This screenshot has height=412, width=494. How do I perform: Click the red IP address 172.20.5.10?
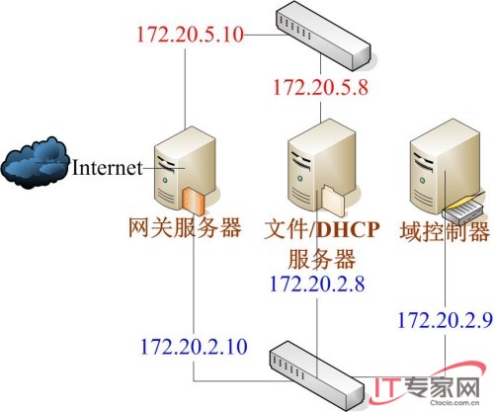[190, 35]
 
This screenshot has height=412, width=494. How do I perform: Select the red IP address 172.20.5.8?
[320, 88]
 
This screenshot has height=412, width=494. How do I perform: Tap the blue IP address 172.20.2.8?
[317, 284]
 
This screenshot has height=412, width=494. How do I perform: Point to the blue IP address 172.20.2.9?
[446, 320]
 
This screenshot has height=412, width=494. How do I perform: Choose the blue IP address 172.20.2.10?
[194, 347]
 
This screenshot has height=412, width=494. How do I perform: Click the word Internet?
[107, 167]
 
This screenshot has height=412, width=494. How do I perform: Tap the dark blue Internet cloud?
[36, 163]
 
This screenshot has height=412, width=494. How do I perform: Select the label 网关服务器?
[185, 227]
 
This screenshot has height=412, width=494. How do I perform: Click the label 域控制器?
[445, 231]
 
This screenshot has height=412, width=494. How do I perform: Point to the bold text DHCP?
[348, 229]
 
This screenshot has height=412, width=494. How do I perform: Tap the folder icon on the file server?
[333, 201]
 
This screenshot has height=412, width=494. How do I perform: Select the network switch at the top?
[323, 36]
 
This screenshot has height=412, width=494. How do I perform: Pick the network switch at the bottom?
[317, 375]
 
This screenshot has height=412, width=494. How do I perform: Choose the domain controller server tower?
[445, 168]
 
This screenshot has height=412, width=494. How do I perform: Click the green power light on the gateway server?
[165, 180]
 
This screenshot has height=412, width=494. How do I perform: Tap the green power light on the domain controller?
[422, 180]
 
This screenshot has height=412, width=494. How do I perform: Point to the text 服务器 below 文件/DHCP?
[322, 259]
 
